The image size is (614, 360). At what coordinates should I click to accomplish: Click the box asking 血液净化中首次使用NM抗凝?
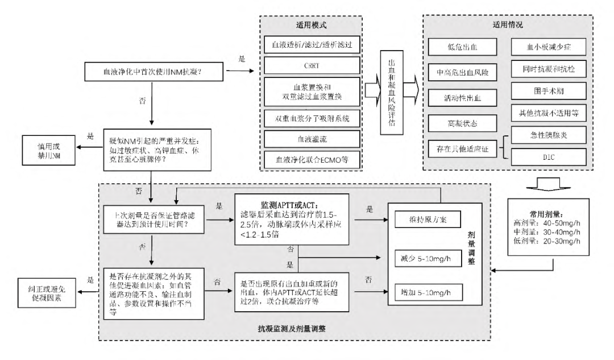point(152,72)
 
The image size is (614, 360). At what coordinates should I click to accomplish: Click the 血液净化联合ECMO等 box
point(312,160)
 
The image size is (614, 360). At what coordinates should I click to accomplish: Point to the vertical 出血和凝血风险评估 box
point(392,89)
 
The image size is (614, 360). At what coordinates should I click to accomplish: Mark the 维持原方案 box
point(427,218)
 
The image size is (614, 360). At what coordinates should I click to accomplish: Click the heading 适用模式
point(312,25)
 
